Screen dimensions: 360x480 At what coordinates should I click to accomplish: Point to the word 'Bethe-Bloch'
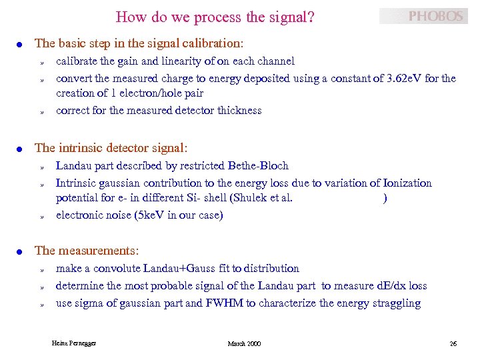pyautogui.click(x=258, y=165)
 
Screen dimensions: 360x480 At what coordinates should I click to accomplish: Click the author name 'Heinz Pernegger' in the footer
pyautogui.click(x=74, y=343)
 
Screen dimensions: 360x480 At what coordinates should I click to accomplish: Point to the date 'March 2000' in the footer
pyautogui.click(x=244, y=343)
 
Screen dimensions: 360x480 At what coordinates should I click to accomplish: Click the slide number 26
pyautogui.click(x=453, y=343)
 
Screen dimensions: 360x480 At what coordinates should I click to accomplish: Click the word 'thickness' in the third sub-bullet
pyautogui.click(x=239, y=110)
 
